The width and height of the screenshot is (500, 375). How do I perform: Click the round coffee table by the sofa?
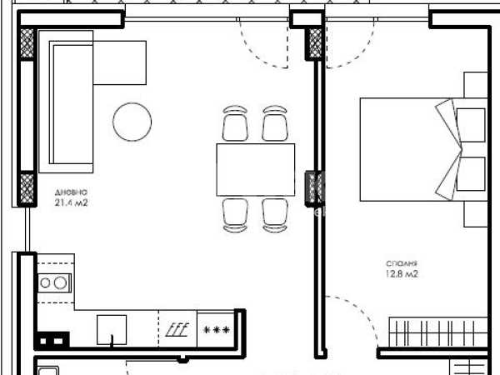132,122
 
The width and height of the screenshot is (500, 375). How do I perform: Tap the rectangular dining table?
256,170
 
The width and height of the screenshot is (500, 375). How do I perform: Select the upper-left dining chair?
235,123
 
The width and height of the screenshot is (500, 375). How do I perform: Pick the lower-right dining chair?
275,215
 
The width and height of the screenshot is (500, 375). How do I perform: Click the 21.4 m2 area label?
71,202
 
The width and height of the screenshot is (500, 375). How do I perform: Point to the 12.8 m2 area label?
402,274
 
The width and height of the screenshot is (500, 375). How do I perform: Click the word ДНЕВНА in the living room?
71,192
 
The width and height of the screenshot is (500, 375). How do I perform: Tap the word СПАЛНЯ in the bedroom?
402,263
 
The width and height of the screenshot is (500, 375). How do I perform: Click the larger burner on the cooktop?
60,282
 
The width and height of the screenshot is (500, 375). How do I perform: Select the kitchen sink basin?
112,330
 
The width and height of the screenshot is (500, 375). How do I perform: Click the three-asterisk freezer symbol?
217,330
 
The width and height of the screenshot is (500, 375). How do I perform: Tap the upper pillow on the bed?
471,125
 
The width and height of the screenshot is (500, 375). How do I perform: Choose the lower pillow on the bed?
471,173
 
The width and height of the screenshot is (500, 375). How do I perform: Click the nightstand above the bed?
476,85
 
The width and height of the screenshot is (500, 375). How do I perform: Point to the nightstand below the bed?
476,214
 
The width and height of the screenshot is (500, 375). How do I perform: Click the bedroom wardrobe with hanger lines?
438,332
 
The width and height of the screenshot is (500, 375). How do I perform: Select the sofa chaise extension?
119,62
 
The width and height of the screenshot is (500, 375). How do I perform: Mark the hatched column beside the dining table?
314,187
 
